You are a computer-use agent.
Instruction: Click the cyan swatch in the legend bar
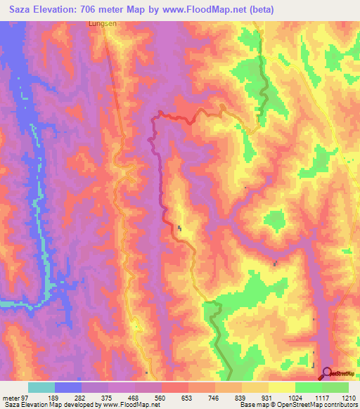(41, 387)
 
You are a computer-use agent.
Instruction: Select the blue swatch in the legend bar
(68, 387)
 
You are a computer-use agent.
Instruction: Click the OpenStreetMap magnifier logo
(328, 374)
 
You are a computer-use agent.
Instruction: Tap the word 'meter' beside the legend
(9, 397)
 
